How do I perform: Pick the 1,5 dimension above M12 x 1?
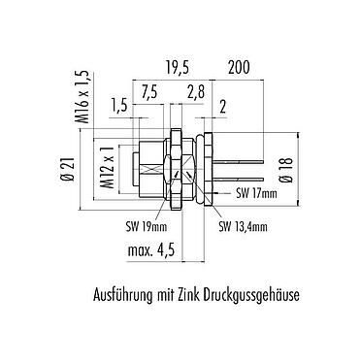(119, 105)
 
